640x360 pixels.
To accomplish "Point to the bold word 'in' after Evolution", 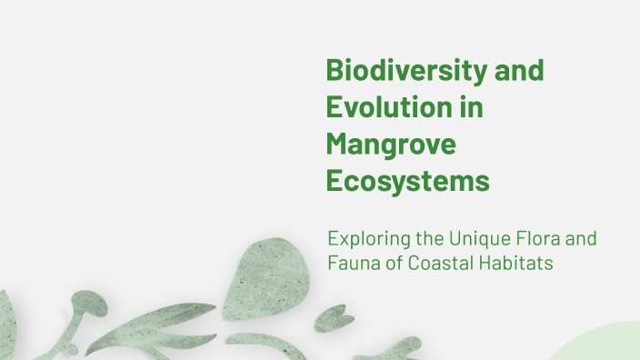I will (x=471, y=107).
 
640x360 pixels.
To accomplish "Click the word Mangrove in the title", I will (x=391, y=144).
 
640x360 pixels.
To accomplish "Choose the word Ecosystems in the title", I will (x=408, y=180).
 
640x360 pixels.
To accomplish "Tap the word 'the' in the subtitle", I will (x=424, y=241).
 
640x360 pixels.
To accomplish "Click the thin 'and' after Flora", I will (x=582, y=241).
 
